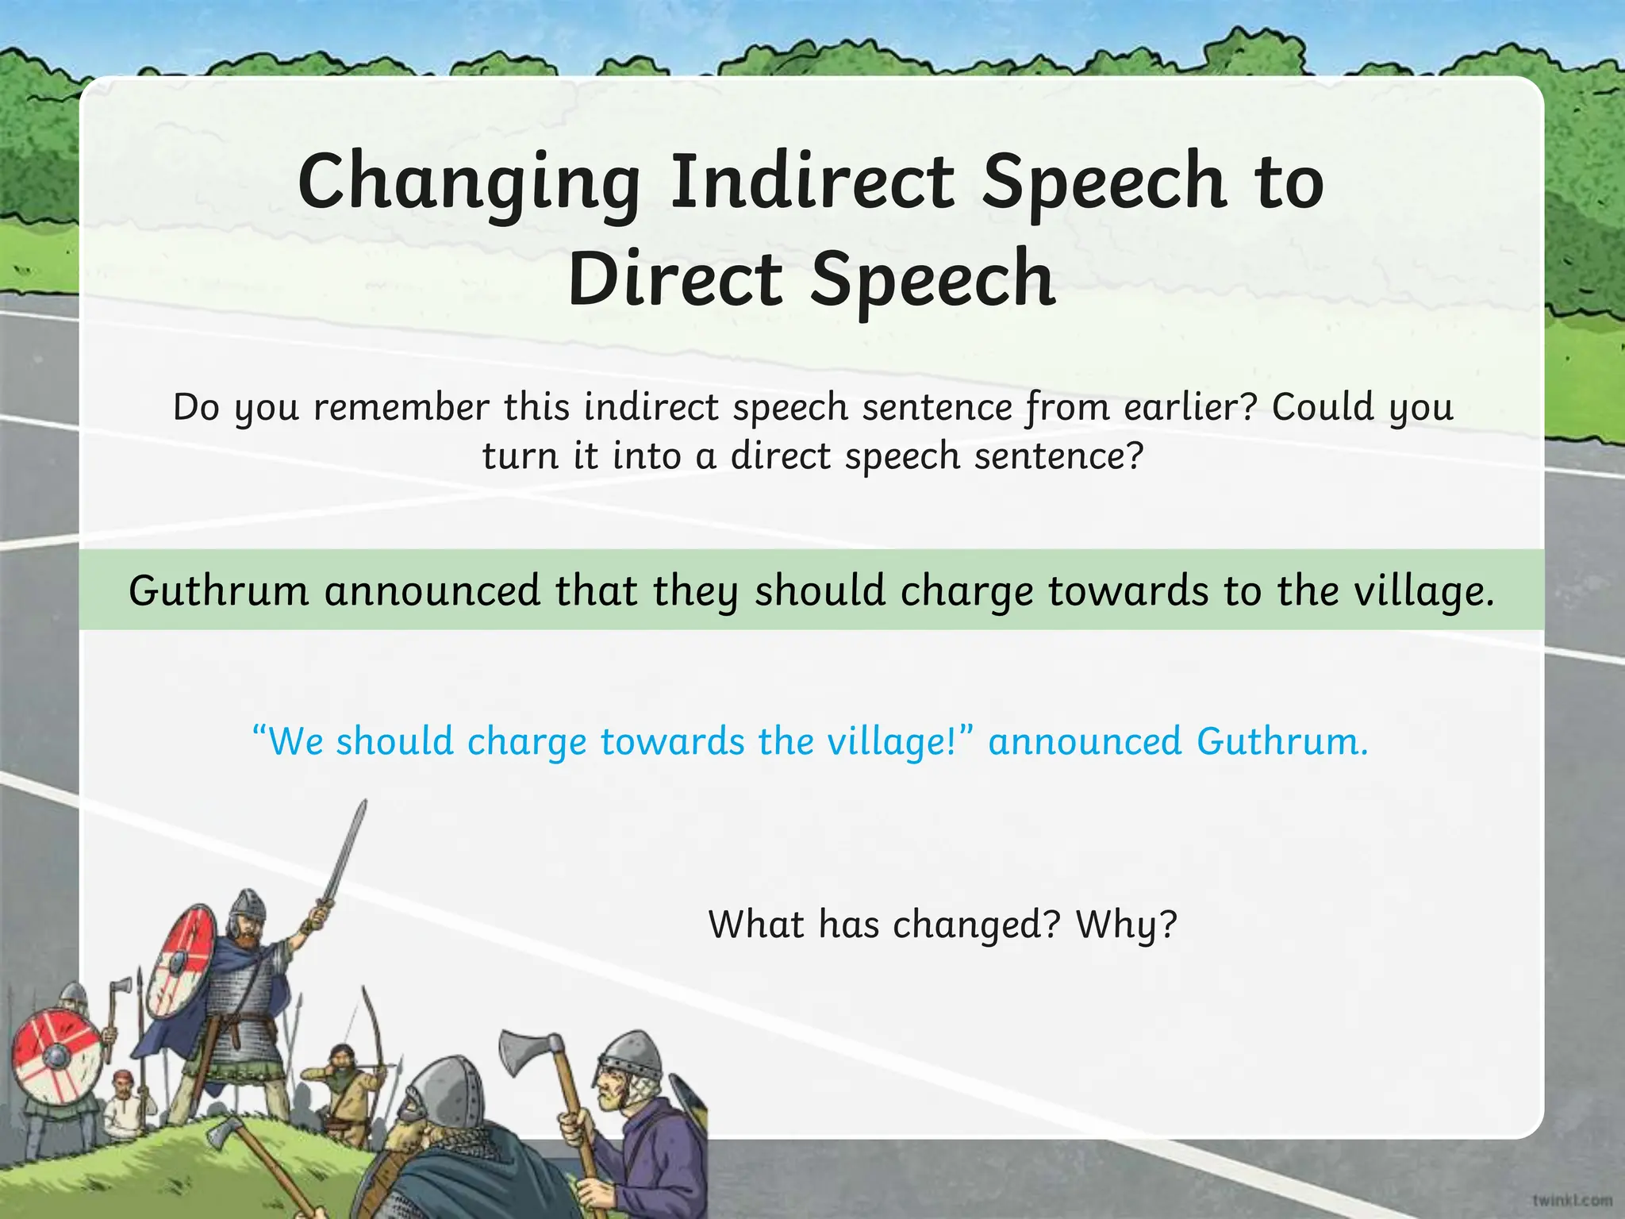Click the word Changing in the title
point(469,184)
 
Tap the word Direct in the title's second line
point(675,279)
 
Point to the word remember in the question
point(401,408)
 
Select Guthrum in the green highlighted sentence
point(218,591)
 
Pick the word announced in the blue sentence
point(1085,742)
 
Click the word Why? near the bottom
point(1126,925)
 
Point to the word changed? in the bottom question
point(976,925)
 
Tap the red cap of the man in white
point(121,1077)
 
